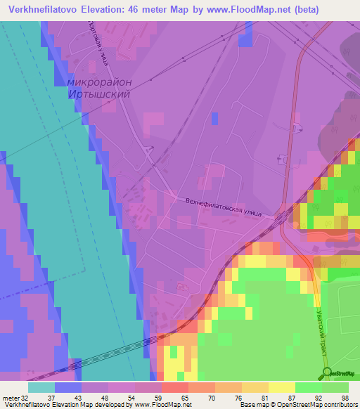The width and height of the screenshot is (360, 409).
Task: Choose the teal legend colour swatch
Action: point(41,387)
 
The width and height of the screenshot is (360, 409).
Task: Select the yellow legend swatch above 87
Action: point(281,387)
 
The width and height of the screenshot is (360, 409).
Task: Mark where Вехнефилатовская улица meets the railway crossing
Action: point(276,220)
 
